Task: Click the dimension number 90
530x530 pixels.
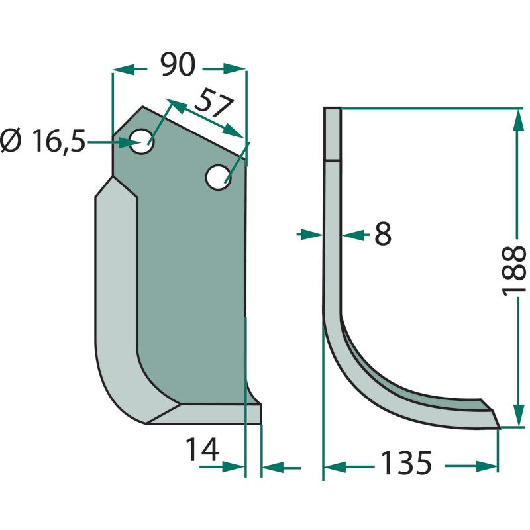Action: (178, 64)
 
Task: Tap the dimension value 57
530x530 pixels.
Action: (214, 102)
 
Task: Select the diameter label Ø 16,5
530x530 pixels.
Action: (43, 141)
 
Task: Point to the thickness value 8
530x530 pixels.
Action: (383, 234)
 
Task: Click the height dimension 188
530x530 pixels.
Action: (514, 272)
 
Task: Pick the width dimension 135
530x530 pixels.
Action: (406, 462)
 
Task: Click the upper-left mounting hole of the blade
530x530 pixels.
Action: (142, 141)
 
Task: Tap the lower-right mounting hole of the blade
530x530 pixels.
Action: (219, 177)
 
